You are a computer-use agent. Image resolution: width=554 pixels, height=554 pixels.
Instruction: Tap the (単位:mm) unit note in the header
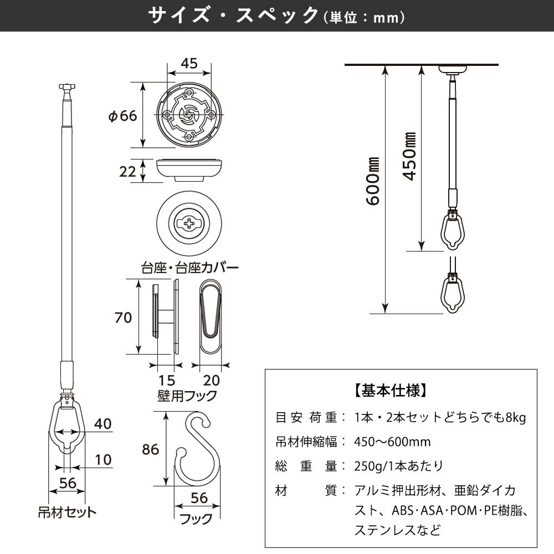363,18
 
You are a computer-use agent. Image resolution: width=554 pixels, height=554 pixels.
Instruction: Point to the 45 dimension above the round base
189,63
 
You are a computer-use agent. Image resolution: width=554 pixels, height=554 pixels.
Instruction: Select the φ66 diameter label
122,116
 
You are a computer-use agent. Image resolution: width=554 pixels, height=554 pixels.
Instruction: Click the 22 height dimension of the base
127,171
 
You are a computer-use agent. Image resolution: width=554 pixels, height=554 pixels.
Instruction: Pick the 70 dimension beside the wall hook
123,317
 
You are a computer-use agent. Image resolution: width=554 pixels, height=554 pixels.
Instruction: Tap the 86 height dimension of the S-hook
150,449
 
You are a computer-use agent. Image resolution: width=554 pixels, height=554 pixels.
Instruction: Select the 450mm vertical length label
410,157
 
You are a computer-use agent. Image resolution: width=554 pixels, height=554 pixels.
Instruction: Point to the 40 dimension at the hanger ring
103,424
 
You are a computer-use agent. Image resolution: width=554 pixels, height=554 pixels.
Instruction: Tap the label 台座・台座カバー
189,268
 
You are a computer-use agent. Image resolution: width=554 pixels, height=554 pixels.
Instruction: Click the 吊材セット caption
67,511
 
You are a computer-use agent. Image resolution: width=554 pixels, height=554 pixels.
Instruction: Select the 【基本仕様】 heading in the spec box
390,389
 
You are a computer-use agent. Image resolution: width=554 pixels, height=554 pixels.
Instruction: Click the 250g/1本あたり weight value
398,466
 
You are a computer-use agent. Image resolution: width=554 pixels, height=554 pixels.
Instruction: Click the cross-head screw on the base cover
189,225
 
